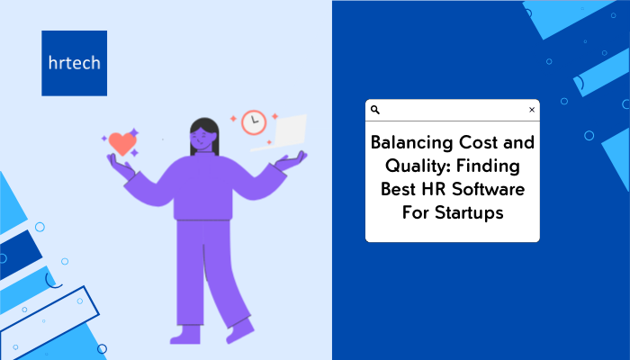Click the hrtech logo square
pos(75,63)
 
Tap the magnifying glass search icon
pos(375,110)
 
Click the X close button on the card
pos(532,110)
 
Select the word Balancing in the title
pos(412,143)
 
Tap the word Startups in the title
pos(469,213)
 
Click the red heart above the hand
pos(122,143)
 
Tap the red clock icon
pos(254,122)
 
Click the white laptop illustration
pos(280,132)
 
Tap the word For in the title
pos(416,213)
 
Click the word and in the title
pos(518,142)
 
